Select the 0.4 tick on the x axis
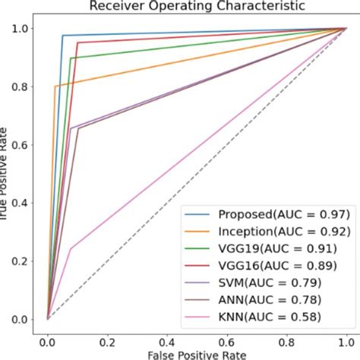click(168, 332)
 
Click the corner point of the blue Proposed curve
click(62, 36)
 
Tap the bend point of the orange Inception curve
click(55, 87)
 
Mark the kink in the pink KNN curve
click(71, 248)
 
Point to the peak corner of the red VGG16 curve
click(77, 43)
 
